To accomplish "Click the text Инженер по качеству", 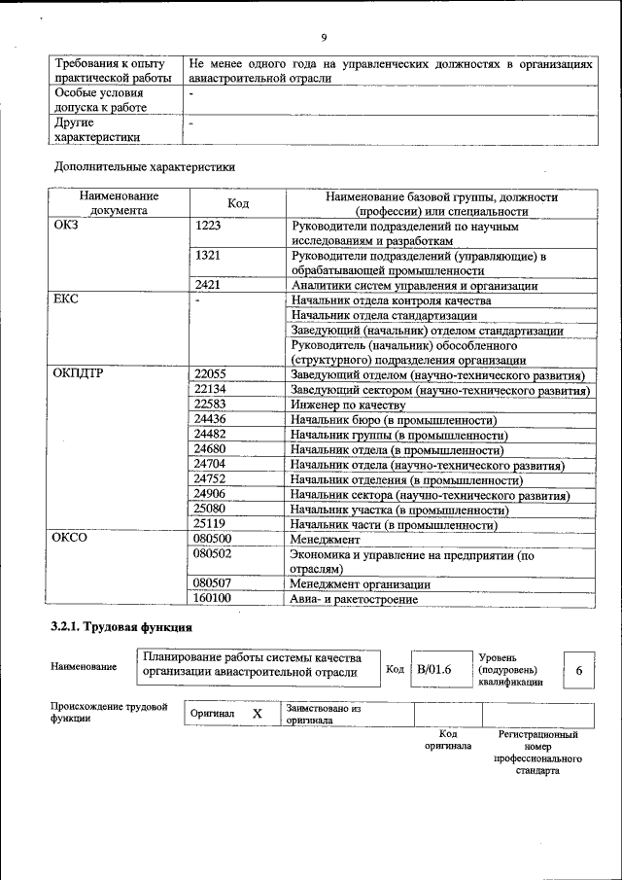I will click(347, 405).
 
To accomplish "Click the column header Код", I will click(238, 202).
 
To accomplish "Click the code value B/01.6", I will click(433, 669).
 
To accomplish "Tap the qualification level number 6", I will click(579, 671).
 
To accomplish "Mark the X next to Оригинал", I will click(258, 714).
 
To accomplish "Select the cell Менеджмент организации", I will click(361, 583).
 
